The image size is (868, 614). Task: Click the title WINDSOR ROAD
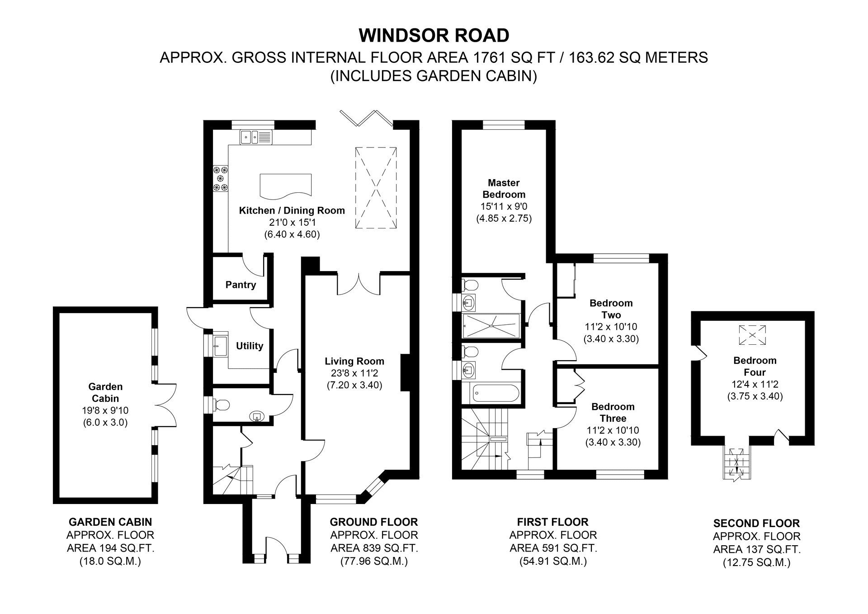434,35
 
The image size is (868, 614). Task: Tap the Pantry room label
241,285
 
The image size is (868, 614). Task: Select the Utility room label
250,346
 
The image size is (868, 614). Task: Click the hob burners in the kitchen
221,178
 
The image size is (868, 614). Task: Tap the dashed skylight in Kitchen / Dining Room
376,188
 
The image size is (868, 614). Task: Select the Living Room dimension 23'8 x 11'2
354,373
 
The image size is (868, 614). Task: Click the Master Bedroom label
504,189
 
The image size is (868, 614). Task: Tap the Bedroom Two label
611,309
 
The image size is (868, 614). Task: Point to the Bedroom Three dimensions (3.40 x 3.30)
613,442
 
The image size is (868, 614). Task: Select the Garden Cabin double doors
165,405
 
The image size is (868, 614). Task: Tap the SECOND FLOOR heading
756,524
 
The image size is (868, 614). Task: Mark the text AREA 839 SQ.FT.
374,548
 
